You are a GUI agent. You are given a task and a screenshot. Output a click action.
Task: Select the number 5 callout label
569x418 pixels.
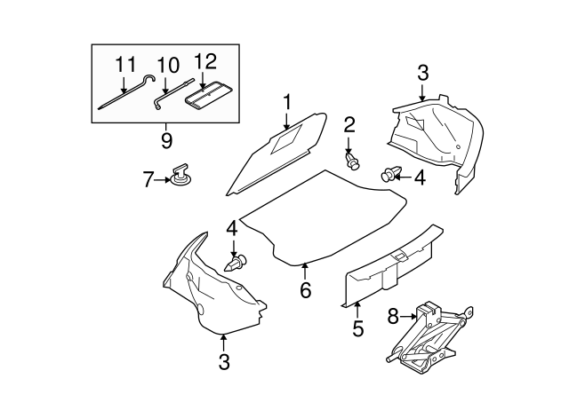pos(357,329)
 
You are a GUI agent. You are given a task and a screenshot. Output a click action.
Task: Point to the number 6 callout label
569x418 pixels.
pos(305,290)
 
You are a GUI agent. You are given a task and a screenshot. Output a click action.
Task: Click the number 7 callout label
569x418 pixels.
pos(148,180)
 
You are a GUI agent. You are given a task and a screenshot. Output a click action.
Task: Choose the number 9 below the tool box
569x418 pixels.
pos(166,140)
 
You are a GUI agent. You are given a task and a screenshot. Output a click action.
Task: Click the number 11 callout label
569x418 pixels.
pos(124,65)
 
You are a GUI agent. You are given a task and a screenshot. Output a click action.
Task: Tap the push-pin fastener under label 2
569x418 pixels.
pos(354,161)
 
